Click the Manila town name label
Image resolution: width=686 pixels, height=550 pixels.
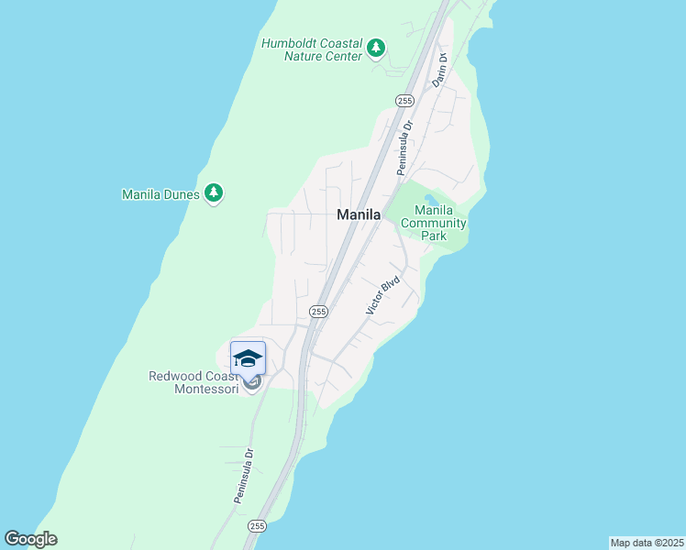click(x=359, y=214)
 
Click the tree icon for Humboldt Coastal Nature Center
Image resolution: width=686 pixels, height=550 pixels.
click(x=375, y=48)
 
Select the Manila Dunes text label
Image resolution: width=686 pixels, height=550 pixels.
click(x=160, y=194)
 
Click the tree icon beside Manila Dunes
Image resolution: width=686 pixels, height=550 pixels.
click(x=214, y=192)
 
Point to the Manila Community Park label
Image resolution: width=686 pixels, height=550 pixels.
click(x=434, y=223)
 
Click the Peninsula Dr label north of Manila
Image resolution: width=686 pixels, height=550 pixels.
click(x=404, y=147)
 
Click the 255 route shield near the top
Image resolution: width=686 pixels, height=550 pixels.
click(x=404, y=100)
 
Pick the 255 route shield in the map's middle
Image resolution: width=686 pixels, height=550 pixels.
click(x=318, y=312)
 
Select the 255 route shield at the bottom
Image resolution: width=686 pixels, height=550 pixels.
click(x=257, y=526)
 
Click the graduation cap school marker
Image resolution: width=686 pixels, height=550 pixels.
click(x=248, y=357)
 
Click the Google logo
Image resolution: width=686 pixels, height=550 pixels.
click(x=30, y=539)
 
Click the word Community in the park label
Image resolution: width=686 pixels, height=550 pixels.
click(x=434, y=223)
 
